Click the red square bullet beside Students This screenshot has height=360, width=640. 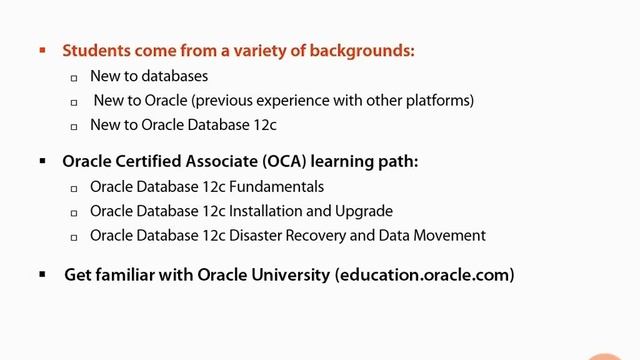pos(42,49)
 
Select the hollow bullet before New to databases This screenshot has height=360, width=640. pos(74,77)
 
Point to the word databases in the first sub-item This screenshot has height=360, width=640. pos(174,76)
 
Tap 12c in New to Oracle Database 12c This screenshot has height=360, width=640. pos(261,126)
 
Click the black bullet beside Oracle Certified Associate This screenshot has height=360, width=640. pos(42,160)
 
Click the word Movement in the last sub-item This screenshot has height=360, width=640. pos(452,236)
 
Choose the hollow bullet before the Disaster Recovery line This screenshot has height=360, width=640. pos(74,237)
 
